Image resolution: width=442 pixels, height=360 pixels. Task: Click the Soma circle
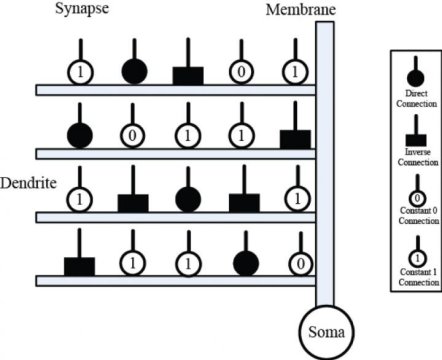(x=325, y=328)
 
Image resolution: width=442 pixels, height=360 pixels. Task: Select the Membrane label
(x=299, y=10)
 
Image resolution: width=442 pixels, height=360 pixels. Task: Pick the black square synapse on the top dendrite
(x=189, y=75)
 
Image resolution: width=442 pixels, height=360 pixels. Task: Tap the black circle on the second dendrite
(x=80, y=135)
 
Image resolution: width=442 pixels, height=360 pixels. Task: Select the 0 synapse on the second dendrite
(x=135, y=135)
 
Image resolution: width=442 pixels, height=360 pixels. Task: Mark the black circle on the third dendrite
(x=189, y=198)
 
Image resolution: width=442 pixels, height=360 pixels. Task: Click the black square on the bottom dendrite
(x=79, y=266)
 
